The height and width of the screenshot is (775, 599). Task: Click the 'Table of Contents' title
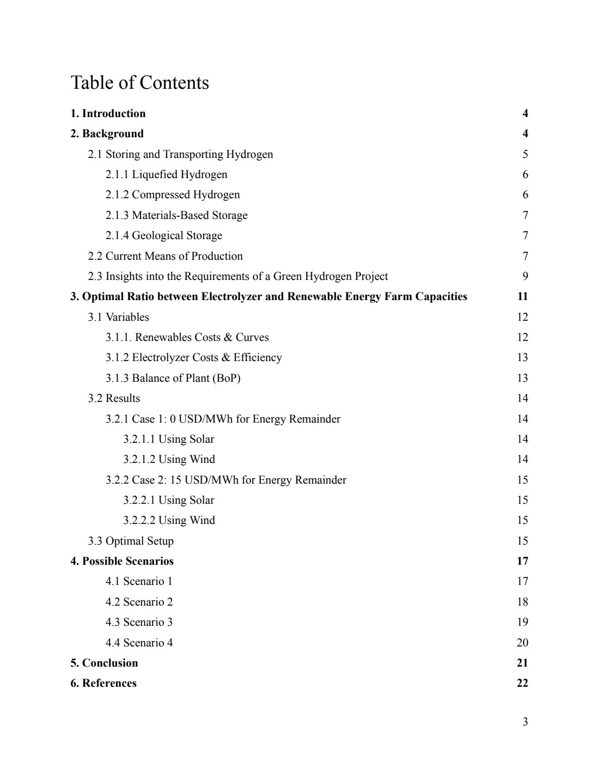point(139,83)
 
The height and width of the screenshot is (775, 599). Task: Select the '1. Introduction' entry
point(108,114)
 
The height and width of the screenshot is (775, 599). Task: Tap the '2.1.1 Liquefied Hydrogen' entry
point(166,175)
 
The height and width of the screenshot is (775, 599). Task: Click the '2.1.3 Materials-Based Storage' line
point(176,216)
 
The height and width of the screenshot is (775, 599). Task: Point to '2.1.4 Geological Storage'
point(163,236)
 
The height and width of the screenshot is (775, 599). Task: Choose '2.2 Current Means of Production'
point(165,256)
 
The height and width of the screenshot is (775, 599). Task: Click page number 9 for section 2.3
point(525,277)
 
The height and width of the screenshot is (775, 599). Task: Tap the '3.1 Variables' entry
point(118,317)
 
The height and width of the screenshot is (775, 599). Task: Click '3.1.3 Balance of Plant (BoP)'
point(173,378)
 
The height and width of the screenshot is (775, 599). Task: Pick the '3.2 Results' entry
point(114,399)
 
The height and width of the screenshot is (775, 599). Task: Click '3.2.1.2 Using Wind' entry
point(169,460)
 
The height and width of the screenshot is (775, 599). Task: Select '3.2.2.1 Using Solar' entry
point(168,501)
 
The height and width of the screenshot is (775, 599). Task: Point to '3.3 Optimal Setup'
point(131,541)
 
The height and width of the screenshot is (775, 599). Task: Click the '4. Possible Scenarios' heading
point(122,562)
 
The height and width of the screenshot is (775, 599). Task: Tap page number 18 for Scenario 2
point(522,602)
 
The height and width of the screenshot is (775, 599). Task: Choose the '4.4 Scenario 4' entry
point(139,643)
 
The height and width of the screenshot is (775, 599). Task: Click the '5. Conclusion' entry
point(104,663)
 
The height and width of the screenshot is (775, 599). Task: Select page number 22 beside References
point(522,684)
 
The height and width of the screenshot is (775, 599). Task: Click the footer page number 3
point(525,722)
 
